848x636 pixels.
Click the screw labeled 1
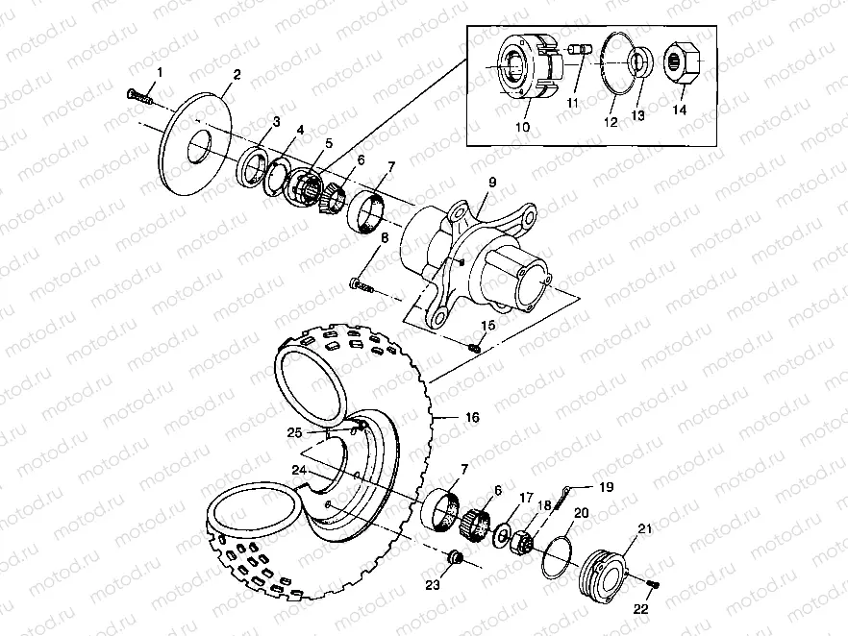[139, 95]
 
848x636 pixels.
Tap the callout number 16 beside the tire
[472, 418]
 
